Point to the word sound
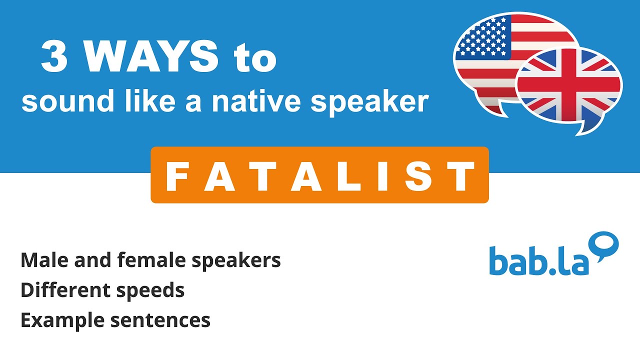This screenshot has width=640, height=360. (x=59, y=101)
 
